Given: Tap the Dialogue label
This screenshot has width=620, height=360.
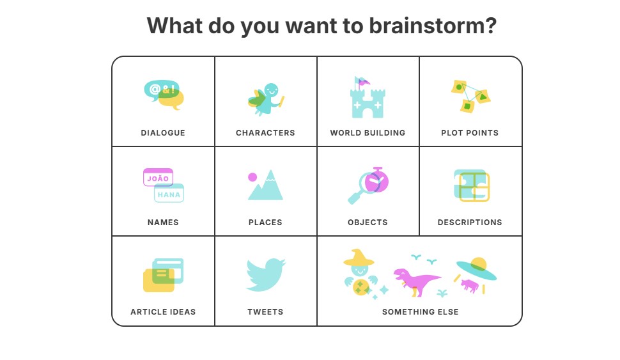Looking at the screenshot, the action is pyautogui.click(x=163, y=133).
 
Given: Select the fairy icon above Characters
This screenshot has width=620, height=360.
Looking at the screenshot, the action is pyautogui.click(x=266, y=99).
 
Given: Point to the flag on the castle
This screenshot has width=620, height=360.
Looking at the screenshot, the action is pyautogui.click(x=362, y=82).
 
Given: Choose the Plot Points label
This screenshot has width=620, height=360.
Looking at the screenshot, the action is pyautogui.click(x=470, y=133).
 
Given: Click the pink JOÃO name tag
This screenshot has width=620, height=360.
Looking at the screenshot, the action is pyautogui.click(x=158, y=177).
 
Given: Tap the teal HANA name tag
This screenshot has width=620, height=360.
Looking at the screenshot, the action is pyautogui.click(x=169, y=194).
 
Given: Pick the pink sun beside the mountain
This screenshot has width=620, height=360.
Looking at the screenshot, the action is pyautogui.click(x=252, y=177).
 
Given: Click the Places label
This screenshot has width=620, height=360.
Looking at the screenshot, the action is pyautogui.click(x=265, y=223).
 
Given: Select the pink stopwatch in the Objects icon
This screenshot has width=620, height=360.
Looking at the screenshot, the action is pyautogui.click(x=377, y=181).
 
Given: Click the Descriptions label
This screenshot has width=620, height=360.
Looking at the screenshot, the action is pyautogui.click(x=470, y=223).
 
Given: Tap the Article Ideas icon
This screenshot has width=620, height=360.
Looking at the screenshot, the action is pyautogui.click(x=163, y=275).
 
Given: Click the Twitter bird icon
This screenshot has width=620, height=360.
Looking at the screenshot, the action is pyautogui.click(x=265, y=274).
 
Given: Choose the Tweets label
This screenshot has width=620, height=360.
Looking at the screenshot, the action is pyautogui.click(x=265, y=312).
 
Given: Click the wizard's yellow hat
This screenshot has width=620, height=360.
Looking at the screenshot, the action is pyautogui.click(x=359, y=258).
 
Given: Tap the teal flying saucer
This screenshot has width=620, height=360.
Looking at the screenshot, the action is pyautogui.click(x=476, y=269).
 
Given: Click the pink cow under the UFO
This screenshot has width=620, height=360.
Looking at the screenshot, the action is pyautogui.click(x=469, y=285).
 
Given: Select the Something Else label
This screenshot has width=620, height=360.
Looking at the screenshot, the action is pyautogui.click(x=421, y=312).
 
